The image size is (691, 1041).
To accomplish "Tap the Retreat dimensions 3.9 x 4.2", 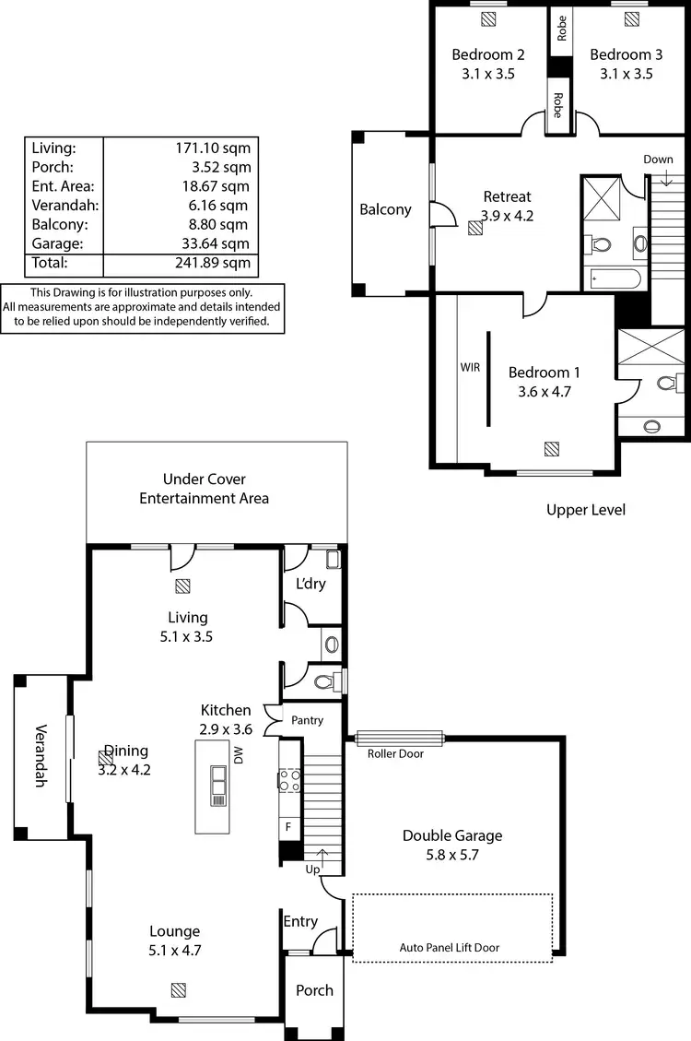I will coord(508,216).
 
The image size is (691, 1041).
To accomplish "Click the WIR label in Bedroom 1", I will coord(470,367).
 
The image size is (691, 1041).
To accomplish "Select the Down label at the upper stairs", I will coord(658,160).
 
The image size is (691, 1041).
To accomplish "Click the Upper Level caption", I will coord(585,509).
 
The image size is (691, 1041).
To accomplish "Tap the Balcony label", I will coord(385,209).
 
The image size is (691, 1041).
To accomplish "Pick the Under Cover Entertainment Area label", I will coord(204,489).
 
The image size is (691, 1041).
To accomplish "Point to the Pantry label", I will coord(307,720).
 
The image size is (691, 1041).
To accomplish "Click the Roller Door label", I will coord(395,753).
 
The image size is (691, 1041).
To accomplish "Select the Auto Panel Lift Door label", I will coord(450,947).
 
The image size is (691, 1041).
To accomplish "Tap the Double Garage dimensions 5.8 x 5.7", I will coord(452,855).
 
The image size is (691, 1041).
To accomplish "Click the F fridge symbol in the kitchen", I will coord(288,826).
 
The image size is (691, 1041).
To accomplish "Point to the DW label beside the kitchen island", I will coord(238,756).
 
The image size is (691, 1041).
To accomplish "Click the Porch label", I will coord(314,990).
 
